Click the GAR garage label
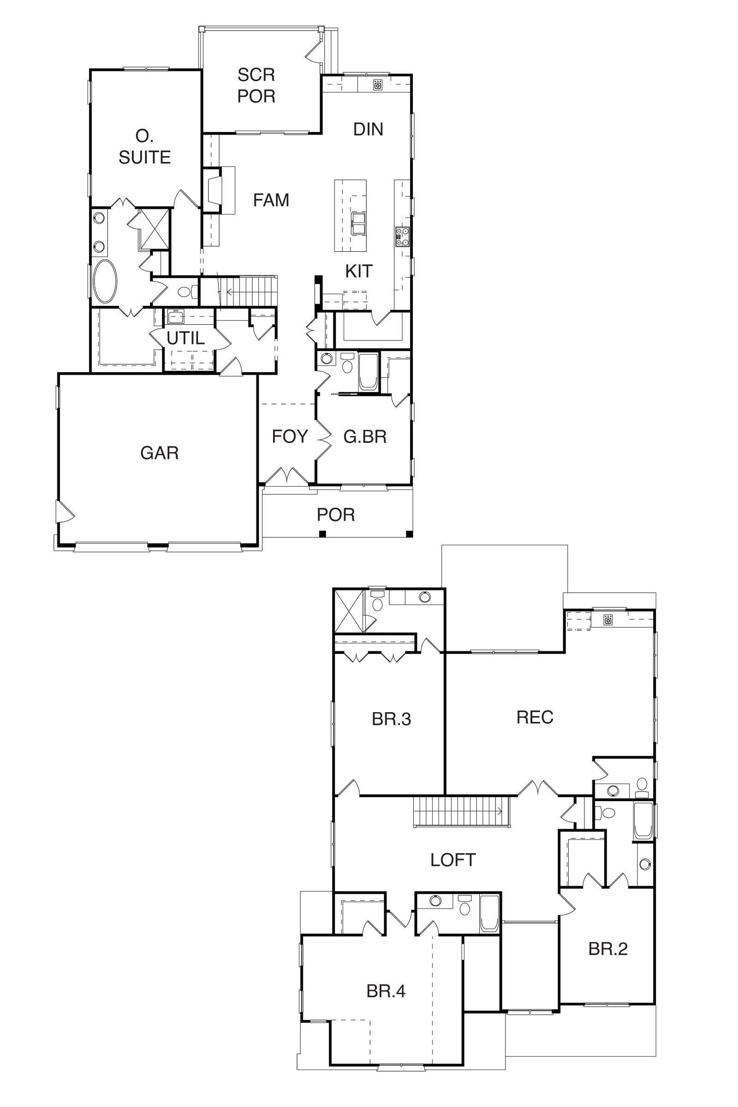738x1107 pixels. (160, 453)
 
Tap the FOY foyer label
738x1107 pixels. (290, 436)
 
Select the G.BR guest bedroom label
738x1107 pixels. (365, 437)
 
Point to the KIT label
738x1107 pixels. (359, 271)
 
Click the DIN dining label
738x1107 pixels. (368, 129)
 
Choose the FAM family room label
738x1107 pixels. (271, 200)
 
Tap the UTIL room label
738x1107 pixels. (185, 338)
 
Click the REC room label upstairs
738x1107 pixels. (535, 717)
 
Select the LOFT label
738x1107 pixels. (453, 860)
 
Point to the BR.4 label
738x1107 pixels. (386, 991)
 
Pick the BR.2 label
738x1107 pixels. (608, 949)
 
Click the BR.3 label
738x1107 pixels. (392, 719)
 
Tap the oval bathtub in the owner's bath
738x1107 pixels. (105, 281)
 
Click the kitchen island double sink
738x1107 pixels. (358, 223)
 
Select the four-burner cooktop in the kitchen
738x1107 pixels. (402, 237)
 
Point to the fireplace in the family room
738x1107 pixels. (219, 190)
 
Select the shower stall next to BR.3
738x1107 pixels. (349, 611)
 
